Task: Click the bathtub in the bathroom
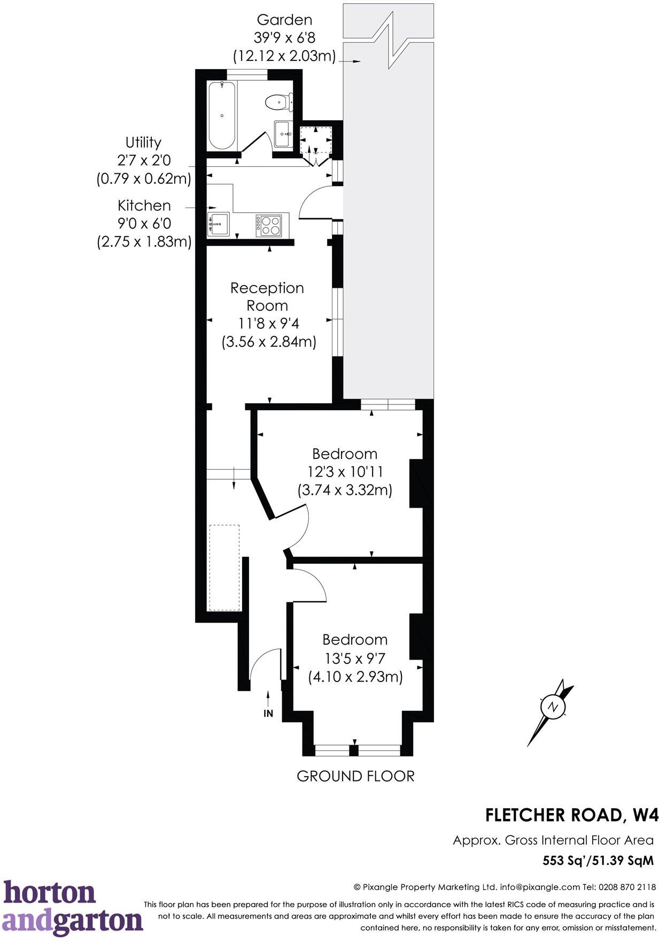(221, 115)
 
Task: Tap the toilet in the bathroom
(279, 102)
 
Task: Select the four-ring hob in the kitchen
(268, 225)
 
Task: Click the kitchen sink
(218, 223)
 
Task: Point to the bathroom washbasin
(282, 134)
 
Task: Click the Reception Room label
(267, 296)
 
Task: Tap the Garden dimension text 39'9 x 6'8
(284, 38)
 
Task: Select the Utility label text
(143, 142)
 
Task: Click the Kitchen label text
(144, 205)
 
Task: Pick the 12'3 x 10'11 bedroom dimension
(345, 472)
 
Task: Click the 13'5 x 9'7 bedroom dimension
(355, 657)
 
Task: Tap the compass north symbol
(552, 707)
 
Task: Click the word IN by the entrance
(268, 714)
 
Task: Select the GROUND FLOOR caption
(355, 776)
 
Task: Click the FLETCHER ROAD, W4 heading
(571, 815)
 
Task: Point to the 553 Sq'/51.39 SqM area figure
(598, 861)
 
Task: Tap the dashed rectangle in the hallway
(224, 567)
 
